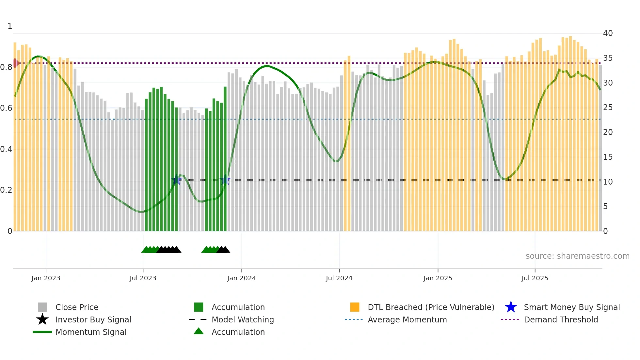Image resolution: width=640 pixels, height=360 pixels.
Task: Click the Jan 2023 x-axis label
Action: pyautogui.click(x=46, y=278)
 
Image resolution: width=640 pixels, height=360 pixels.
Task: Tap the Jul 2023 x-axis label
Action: pyautogui.click(x=143, y=278)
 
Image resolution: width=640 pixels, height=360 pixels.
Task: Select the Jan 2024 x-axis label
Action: pyautogui.click(x=241, y=278)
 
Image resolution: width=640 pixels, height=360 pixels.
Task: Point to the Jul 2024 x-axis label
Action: pyautogui.click(x=339, y=278)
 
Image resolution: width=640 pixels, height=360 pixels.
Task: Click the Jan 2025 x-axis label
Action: pyautogui.click(x=438, y=278)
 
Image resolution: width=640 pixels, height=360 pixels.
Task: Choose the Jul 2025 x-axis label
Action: pyautogui.click(x=535, y=278)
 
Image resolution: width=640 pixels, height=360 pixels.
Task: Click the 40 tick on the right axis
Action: pyautogui.click(x=608, y=33)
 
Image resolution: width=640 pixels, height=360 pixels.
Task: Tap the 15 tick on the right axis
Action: pyautogui.click(x=608, y=157)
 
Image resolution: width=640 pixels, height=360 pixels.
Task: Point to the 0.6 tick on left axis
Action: pyautogui.click(x=6, y=108)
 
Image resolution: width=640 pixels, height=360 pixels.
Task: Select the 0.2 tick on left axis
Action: pyautogui.click(x=6, y=190)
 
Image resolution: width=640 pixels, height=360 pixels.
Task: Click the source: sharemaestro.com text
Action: pyautogui.click(x=577, y=256)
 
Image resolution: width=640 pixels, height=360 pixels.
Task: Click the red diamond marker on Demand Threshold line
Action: pyautogui.click(x=15, y=63)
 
